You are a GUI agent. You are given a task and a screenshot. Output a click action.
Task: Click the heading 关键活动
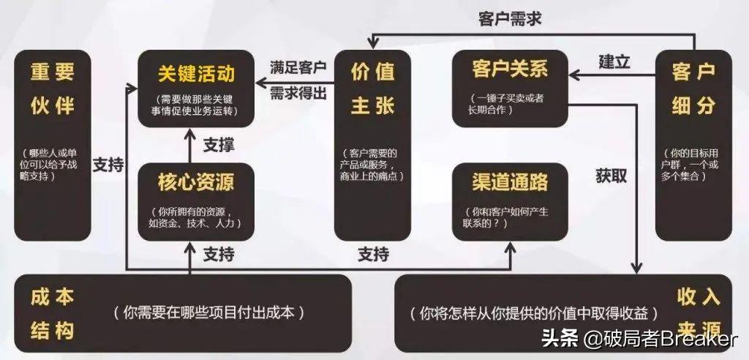click(x=196, y=74)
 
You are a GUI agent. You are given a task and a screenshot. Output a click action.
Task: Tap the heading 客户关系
click(x=510, y=71)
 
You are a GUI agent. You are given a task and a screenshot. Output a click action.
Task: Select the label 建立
click(x=614, y=61)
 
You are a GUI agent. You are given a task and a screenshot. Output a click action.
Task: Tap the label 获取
click(x=611, y=176)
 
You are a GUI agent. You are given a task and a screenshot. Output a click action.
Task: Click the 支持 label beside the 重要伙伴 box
click(x=108, y=165)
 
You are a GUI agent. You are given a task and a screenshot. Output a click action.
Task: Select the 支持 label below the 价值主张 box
click(x=373, y=255)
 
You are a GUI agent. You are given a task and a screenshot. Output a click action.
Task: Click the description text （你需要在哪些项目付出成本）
click(x=208, y=312)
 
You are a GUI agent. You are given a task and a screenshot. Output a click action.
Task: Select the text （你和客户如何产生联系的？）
click(x=510, y=217)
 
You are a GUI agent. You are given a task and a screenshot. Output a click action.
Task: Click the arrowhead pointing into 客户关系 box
click(x=576, y=73)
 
